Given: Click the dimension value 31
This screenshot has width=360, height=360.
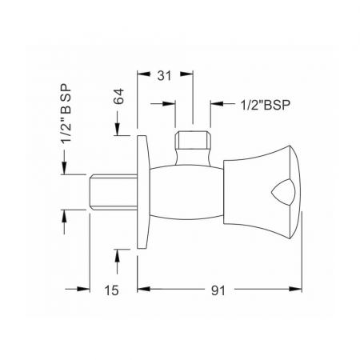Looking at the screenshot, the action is (164, 76).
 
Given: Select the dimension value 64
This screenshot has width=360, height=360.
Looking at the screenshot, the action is (119, 97).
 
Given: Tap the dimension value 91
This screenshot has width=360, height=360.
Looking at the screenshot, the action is (218, 290).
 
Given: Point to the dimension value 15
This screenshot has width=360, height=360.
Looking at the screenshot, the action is (111, 290).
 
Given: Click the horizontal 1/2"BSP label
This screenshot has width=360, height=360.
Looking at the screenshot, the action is (266, 105).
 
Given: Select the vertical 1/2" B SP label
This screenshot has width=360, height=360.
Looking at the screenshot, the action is (66, 114).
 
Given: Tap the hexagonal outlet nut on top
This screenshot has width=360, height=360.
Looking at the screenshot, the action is (193, 140).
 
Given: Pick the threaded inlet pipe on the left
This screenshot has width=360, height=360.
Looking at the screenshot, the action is (113, 192).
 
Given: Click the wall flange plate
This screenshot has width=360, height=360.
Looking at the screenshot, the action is (142, 192).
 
